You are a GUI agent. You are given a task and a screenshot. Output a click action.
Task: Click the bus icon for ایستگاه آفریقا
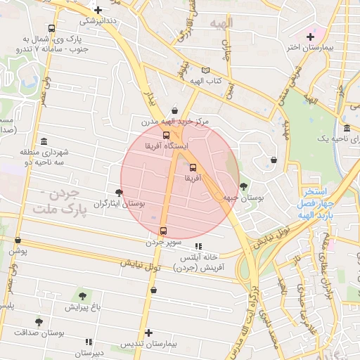coord(167,135)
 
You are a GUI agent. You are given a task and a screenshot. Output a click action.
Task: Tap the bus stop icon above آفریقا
coord(193,167)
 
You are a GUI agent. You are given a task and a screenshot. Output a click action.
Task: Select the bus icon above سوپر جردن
coord(163,230)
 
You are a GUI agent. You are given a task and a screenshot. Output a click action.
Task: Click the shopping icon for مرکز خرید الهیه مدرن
coord(174,110)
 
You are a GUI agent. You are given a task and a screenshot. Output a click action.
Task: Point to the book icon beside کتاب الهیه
coord(205,70)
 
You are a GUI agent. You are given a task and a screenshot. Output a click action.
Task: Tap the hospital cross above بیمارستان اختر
coord(310,36)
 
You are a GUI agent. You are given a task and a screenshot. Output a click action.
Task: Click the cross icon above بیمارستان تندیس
coord(148,333)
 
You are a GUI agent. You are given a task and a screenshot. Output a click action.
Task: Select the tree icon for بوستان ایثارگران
coord(118,192)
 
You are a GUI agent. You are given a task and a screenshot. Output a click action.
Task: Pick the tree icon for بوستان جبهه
coord(243,186)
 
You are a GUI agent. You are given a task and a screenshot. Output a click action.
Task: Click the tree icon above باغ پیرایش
coord(83,295)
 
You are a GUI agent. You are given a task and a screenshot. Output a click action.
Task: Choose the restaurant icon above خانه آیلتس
coord(198,246)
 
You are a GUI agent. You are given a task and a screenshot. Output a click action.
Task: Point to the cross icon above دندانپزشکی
coord(98,11)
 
